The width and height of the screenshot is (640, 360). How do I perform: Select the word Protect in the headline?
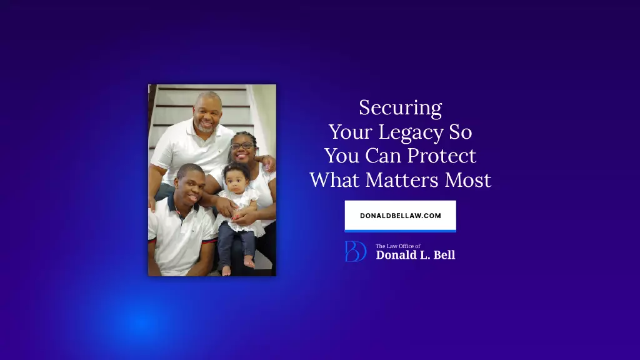click(x=442, y=156)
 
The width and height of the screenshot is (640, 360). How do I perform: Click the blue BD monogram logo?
click(x=356, y=251)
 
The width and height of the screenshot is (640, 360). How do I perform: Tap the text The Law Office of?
click(x=398, y=246)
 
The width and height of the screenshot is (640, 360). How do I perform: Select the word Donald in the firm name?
click(x=394, y=255)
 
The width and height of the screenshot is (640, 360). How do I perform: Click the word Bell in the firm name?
click(x=444, y=255)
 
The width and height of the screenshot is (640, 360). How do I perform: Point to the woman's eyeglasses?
click(x=242, y=146)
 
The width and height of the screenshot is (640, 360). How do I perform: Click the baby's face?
click(x=236, y=181)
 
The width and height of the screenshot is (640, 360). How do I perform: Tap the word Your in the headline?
click(x=351, y=132)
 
